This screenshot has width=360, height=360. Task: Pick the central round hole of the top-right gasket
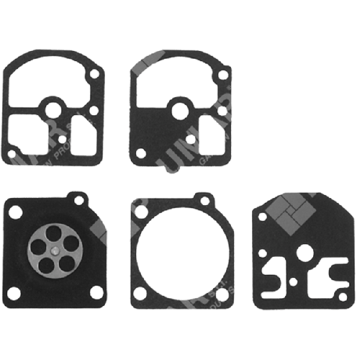178,110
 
